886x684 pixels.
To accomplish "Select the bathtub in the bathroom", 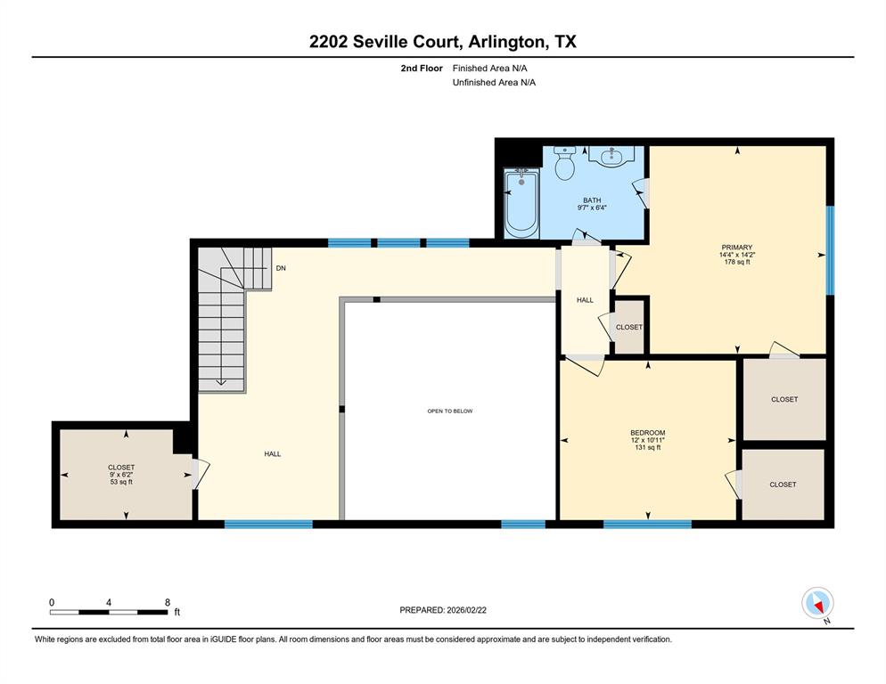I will [521, 204].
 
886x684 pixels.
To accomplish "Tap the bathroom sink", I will [612, 159].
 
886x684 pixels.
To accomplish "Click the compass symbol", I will [816, 603].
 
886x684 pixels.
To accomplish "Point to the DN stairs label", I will [281, 268].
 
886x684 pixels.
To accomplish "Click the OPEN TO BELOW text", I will [449, 411].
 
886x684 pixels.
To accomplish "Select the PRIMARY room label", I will [737, 248].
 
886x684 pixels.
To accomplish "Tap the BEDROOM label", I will [647, 433].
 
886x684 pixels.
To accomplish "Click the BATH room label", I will [592, 200].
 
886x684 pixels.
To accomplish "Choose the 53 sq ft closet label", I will [121, 482].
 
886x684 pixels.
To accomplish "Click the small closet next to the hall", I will [629, 327].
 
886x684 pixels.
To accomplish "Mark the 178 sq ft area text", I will [737, 263].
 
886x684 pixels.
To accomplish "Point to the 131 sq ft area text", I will [647, 448].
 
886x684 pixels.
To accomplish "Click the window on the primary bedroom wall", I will [830, 250].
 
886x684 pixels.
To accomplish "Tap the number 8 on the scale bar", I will [167, 602].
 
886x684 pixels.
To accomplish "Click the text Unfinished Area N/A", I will [494, 82].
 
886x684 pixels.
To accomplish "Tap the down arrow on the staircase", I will [221, 382].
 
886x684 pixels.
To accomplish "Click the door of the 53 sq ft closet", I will [201, 474].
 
